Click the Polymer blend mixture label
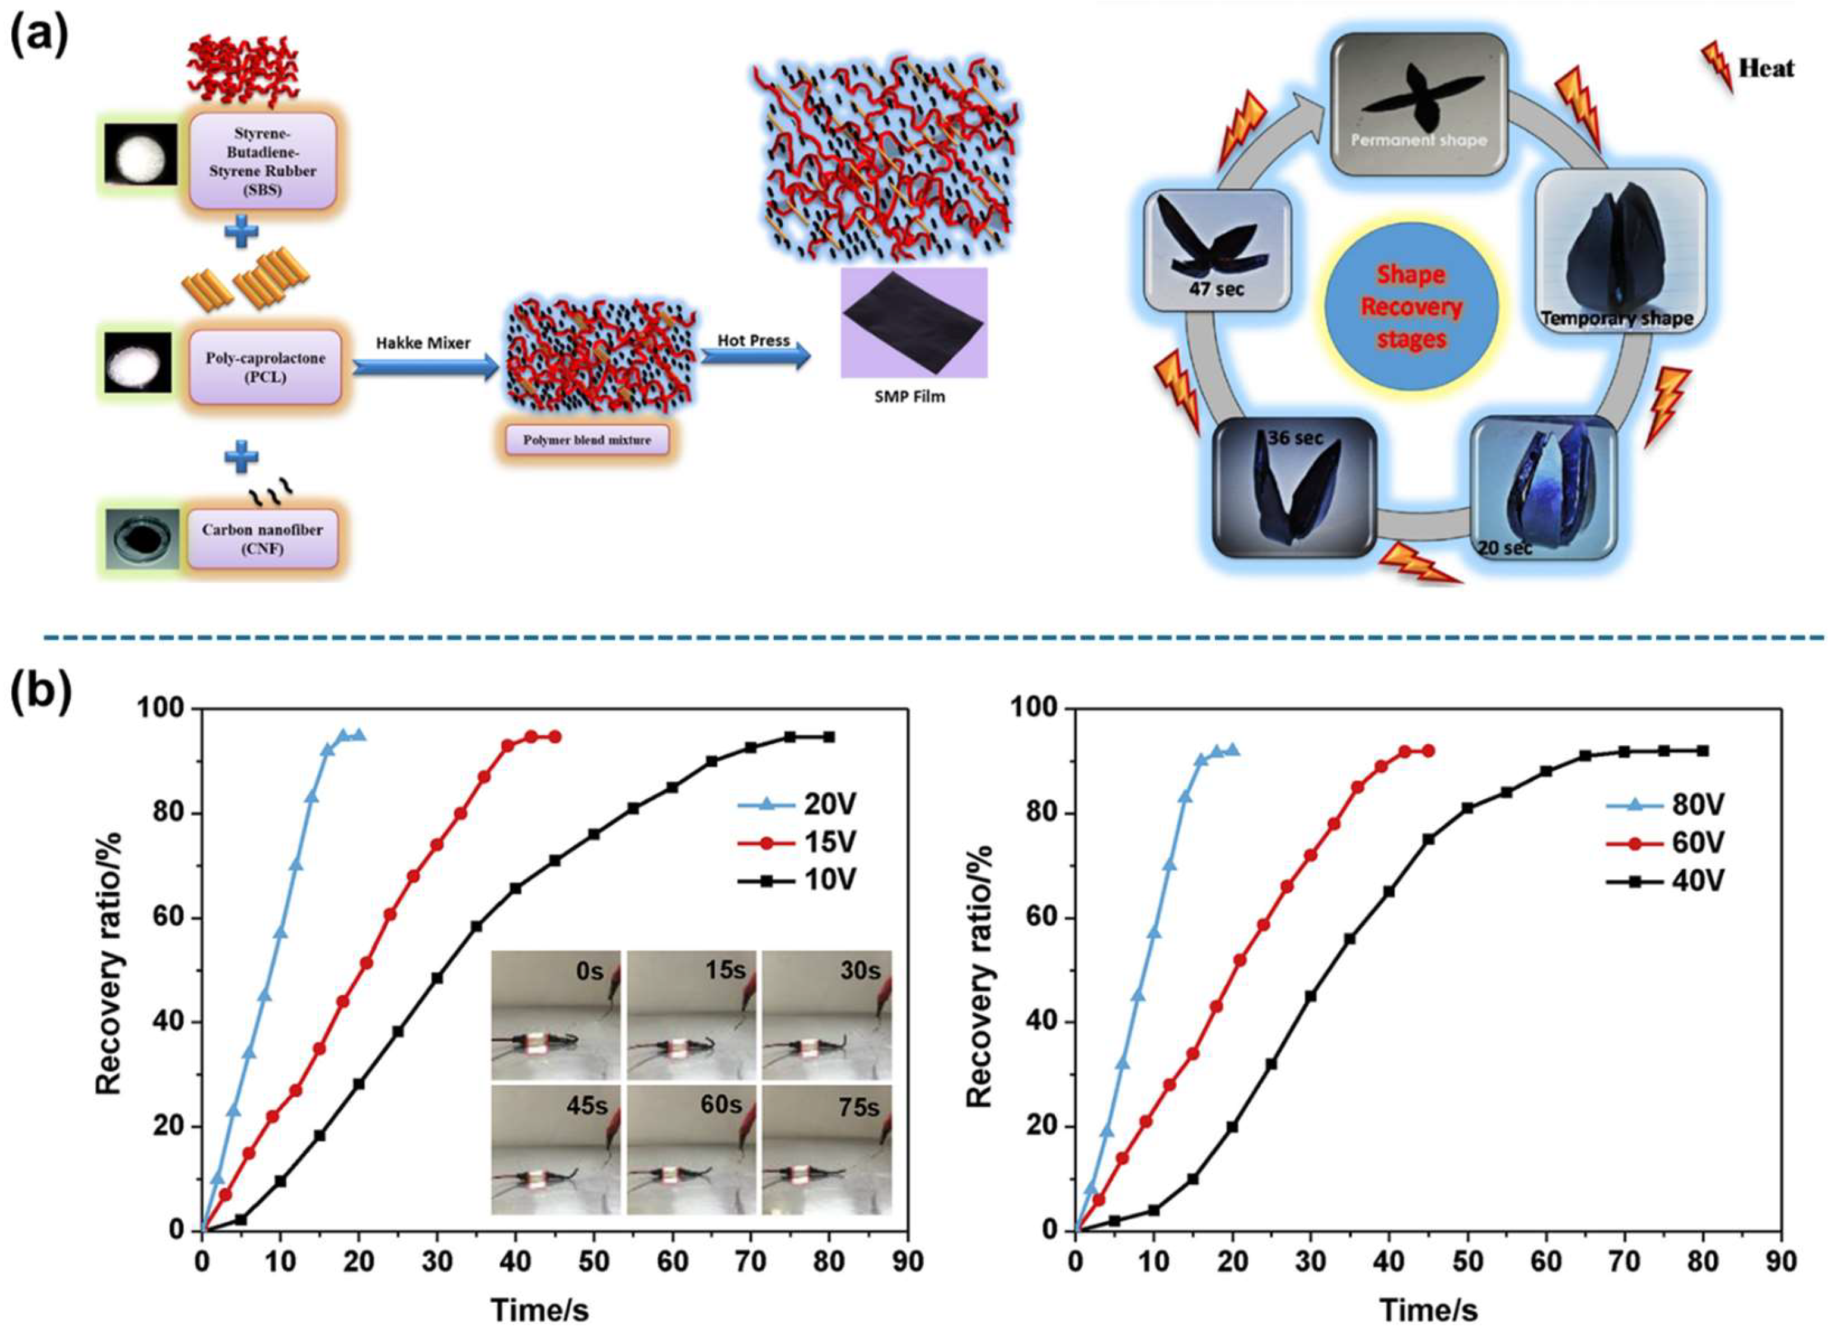point(586,441)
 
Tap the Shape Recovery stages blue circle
point(1411,308)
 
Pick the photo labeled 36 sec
point(1294,487)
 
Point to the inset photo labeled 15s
point(691,1014)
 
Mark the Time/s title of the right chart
point(1428,1310)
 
